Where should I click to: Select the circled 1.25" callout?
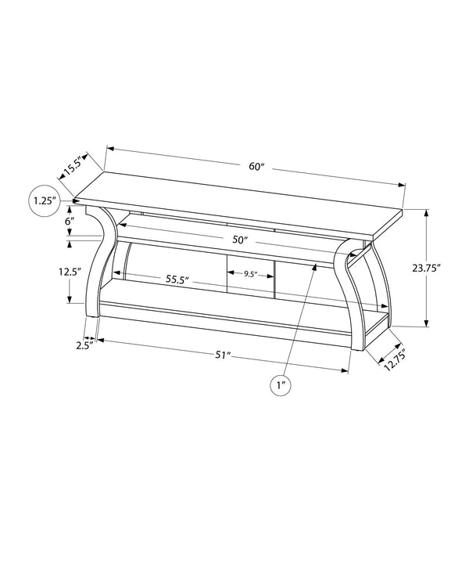[44, 201]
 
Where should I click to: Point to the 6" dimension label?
[70, 222]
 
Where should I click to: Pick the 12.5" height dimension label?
[70, 272]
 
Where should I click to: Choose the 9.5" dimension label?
[250, 274]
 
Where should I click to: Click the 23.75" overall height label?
[427, 268]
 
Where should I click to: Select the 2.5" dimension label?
[85, 344]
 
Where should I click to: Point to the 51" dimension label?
[225, 355]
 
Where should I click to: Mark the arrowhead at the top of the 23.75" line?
[426, 212]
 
